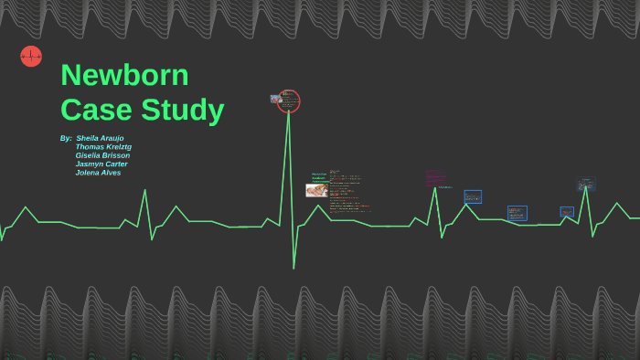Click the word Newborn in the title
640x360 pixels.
click(x=124, y=75)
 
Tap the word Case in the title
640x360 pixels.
click(x=96, y=110)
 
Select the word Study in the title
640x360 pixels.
click(x=182, y=110)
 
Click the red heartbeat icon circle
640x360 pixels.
click(x=31, y=57)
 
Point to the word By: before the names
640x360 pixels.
click(x=66, y=138)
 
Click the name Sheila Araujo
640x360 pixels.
click(x=100, y=138)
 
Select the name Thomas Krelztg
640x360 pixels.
click(x=103, y=146)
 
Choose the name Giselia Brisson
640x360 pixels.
click(x=102, y=155)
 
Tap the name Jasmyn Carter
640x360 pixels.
click(x=101, y=164)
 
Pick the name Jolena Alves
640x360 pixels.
click(x=98, y=172)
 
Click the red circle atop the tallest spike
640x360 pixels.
click(x=289, y=101)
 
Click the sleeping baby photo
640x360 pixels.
click(x=316, y=190)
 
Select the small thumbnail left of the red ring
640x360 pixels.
click(x=275, y=99)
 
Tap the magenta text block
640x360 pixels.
click(x=435, y=177)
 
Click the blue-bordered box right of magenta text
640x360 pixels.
click(x=473, y=196)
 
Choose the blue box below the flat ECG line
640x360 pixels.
click(x=517, y=213)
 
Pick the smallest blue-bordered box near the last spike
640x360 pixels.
click(x=567, y=211)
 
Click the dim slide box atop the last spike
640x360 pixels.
click(x=586, y=184)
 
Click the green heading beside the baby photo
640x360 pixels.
click(x=318, y=177)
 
